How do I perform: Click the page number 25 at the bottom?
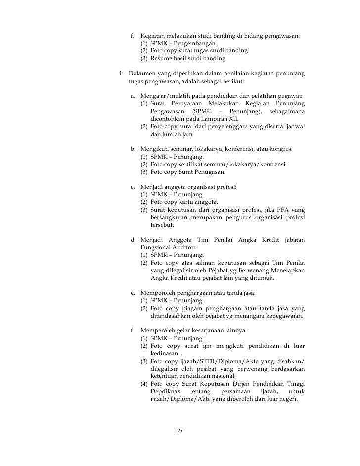(180, 431)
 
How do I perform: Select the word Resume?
(161, 58)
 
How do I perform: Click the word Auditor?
(183, 247)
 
